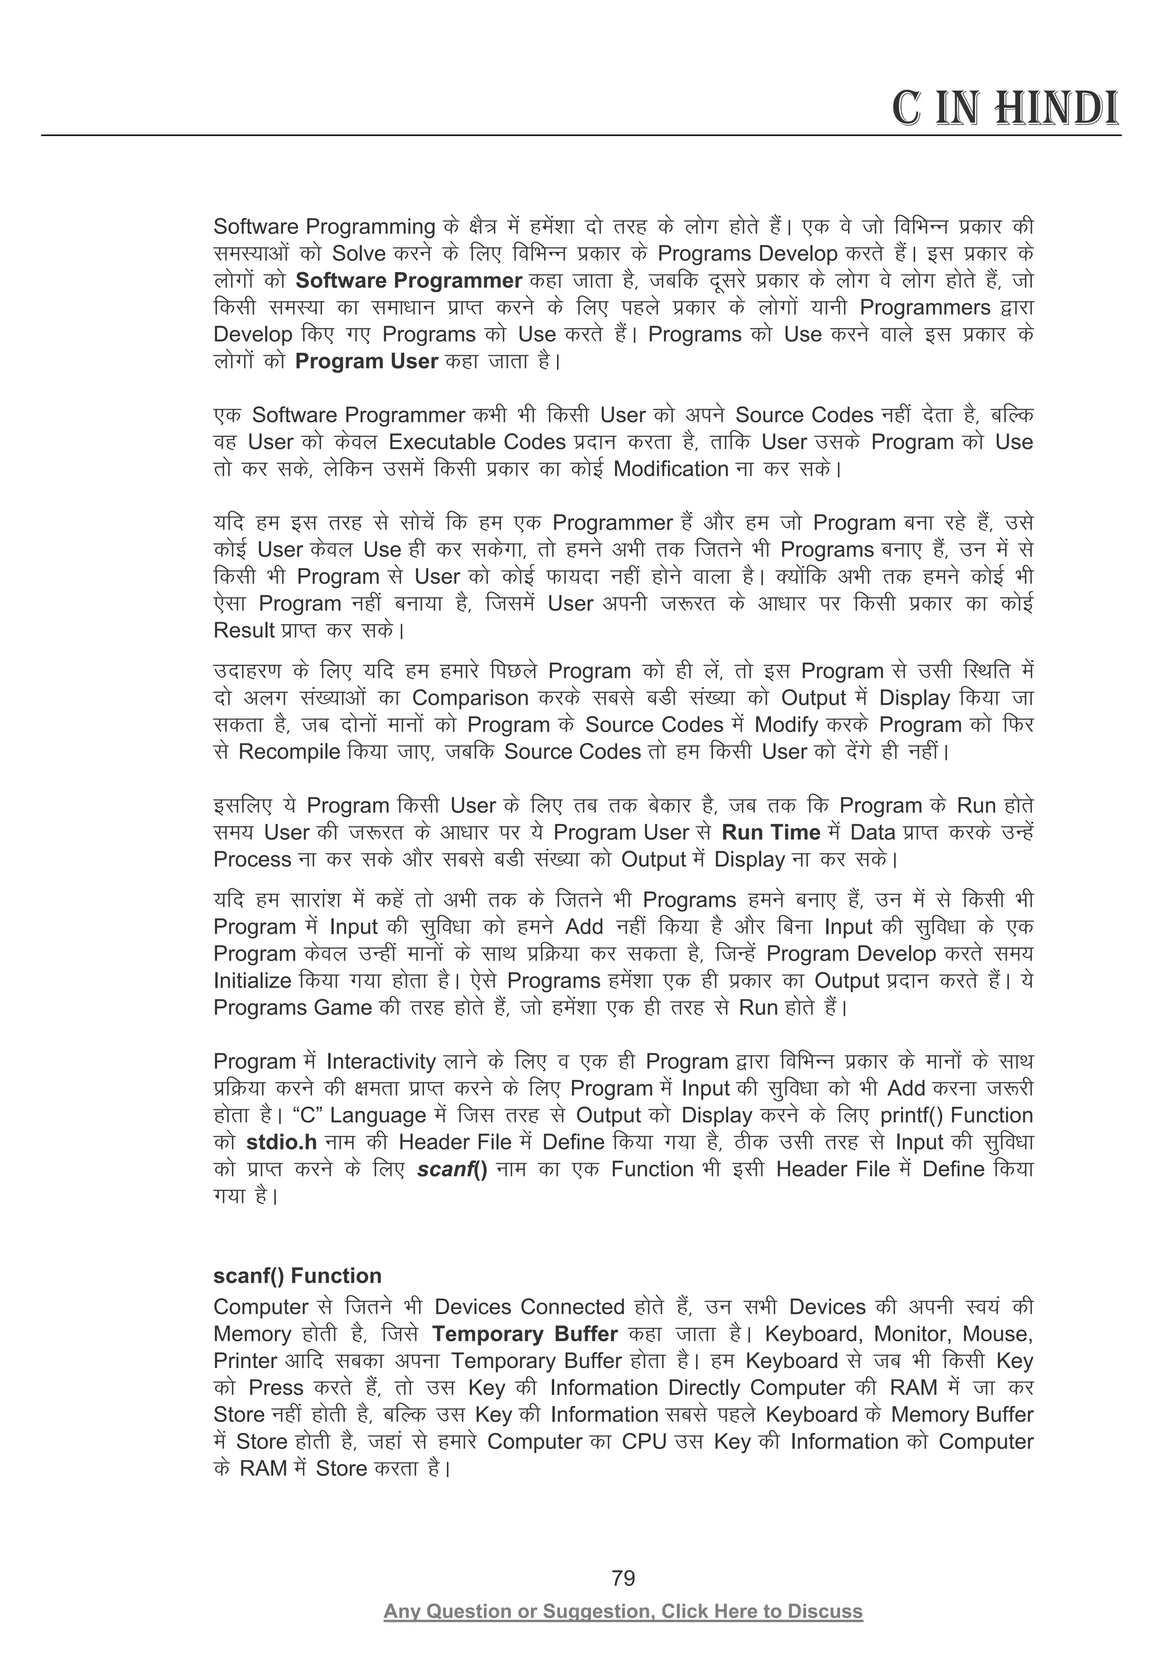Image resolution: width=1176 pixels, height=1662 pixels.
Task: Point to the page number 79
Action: (x=623, y=1578)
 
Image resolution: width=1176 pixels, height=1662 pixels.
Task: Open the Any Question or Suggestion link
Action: (x=623, y=1611)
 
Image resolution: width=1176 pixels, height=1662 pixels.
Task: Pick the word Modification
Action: (x=671, y=469)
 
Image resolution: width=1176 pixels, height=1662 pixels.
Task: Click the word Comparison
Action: (x=470, y=698)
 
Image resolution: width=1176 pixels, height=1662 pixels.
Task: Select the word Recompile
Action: (x=289, y=752)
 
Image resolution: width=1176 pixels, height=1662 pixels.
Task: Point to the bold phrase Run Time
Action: (x=771, y=833)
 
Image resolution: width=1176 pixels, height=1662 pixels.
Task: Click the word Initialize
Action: (x=252, y=981)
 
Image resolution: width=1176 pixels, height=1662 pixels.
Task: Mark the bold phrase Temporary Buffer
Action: (x=524, y=1334)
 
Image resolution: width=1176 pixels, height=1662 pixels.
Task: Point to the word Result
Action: (x=244, y=631)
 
